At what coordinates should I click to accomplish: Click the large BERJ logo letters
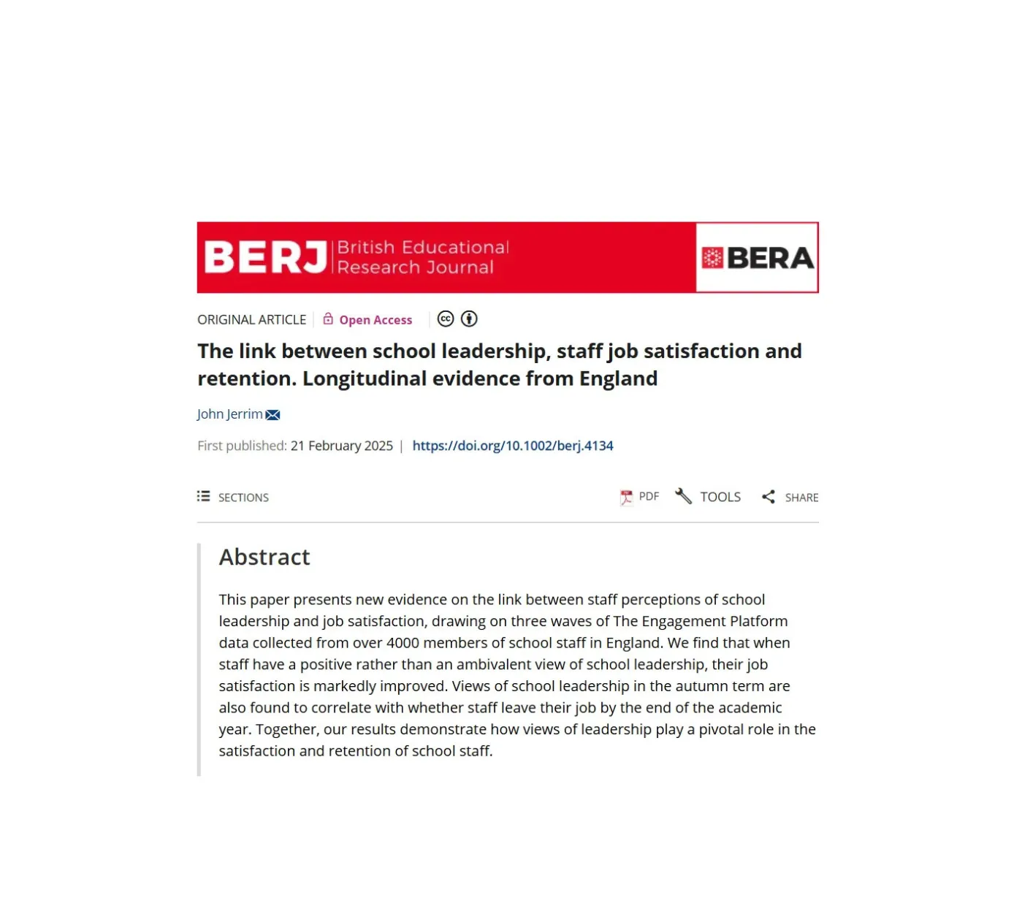tap(265, 257)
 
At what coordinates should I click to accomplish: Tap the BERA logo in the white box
tap(758, 258)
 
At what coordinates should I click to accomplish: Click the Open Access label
tap(376, 320)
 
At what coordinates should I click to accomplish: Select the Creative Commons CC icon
tap(446, 319)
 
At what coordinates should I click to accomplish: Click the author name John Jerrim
tap(229, 414)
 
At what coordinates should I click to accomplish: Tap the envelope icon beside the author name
tap(273, 415)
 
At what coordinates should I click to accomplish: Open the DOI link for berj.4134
tap(513, 446)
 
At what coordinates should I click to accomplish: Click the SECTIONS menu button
tap(233, 498)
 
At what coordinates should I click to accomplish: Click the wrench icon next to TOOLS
tap(683, 497)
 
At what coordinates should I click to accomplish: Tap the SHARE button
tap(790, 498)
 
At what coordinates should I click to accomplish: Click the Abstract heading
tap(264, 557)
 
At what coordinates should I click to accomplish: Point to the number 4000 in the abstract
tap(403, 643)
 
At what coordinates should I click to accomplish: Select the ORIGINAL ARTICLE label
tap(252, 320)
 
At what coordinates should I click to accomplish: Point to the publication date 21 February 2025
tap(342, 446)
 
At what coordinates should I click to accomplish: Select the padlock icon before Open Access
tap(328, 319)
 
